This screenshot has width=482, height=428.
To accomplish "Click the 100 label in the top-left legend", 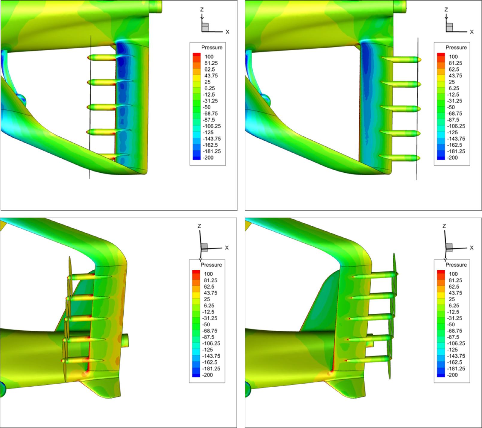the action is pyautogui.click(x=209, y=57).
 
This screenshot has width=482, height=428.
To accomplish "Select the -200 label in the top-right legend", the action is pyautogui.click(x=453, y=158).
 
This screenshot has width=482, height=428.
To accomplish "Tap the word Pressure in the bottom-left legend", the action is pyautogui.click(x=211, y=265).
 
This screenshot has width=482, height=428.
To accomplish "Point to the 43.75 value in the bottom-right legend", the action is pyautogui.click(x=455, y=293).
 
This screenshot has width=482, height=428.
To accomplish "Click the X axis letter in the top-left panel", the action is pyautogui.click(x=228, y=32).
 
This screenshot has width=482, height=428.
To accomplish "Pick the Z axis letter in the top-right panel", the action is pyautogui.click(x=446, y=10).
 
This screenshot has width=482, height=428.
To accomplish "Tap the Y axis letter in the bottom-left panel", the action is pyautogui.click(x=200, y=260).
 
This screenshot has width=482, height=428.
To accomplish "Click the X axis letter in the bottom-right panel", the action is pyautogui.click(x=472, y=248).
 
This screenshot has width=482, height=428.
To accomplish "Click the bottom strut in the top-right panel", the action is pyautogui.click(x=400, y=158).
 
